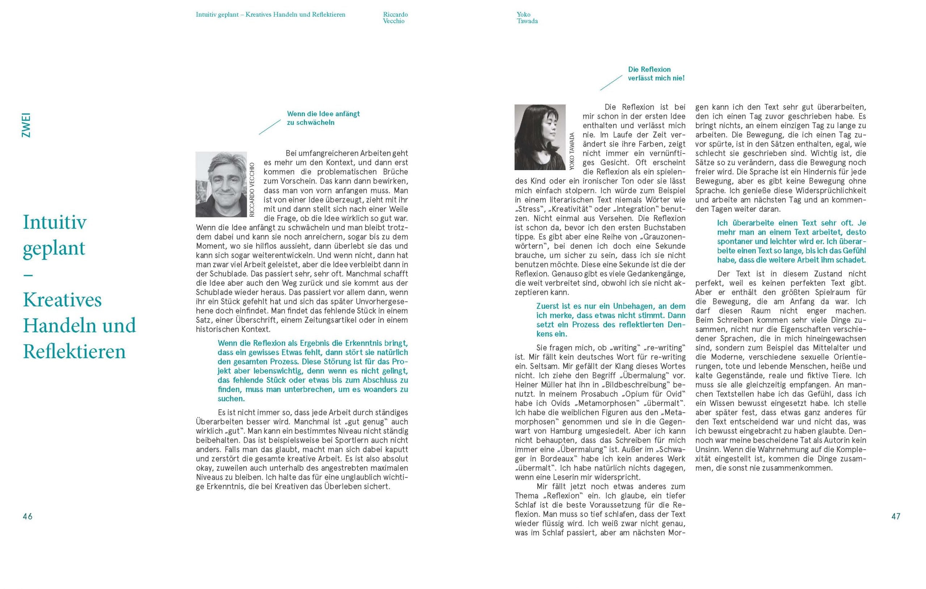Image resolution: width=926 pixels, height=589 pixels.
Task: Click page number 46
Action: point(27,516)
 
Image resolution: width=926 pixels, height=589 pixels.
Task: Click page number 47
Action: point(896,516)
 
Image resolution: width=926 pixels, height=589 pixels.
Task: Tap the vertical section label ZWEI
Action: point(26,125)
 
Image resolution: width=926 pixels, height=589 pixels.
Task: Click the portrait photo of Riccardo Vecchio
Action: point(221,184)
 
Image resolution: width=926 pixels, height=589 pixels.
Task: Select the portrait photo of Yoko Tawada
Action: point(540,137)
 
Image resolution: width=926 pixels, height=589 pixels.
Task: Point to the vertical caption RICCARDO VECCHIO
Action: point(252,190)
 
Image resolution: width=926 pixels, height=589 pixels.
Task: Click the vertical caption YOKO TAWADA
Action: point(572,151)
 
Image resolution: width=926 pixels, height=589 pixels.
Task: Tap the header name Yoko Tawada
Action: point(527,18)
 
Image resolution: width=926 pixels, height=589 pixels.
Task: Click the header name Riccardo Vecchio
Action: point(395,18)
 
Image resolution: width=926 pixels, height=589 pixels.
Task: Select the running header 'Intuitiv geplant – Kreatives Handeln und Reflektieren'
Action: point(270,14)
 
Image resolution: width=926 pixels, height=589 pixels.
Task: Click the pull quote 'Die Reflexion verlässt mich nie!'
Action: point(656,73)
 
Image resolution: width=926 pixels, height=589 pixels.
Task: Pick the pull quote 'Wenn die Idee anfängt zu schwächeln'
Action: point(323,118)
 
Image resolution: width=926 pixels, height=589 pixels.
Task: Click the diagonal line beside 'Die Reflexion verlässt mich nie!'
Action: point(611,83)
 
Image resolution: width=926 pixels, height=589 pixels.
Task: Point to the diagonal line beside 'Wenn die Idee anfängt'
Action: point(269,127)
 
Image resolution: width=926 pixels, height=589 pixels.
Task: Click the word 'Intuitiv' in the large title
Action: point(55,222)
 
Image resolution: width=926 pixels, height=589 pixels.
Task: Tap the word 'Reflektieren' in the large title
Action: point(74,352)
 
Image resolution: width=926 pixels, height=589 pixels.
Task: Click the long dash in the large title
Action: point(28,275)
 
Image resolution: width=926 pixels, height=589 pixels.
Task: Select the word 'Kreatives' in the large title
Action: point(62,299)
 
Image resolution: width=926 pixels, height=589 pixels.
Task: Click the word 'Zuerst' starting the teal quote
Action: point(548,306)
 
